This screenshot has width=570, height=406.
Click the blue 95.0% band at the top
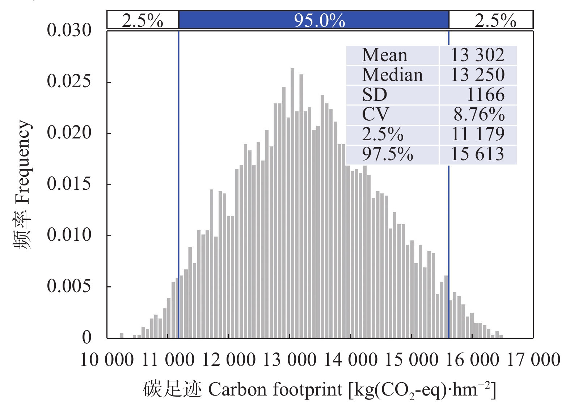(313, 20)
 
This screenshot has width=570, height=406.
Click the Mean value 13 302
(477, 55)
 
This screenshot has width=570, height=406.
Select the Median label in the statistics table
(392, 75)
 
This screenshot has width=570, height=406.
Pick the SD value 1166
(485, 95)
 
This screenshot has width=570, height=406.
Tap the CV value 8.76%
(479, 115)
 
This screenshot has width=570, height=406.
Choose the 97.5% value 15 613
(477, 154)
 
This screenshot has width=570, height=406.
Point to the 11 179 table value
(478, 134)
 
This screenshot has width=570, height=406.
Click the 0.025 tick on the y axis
(69, 81)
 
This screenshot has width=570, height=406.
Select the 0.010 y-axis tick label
(69, 235)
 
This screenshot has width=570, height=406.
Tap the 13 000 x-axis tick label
(290, 360)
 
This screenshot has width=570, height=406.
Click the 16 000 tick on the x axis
(472, 360)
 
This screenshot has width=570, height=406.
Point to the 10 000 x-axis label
(107, 360)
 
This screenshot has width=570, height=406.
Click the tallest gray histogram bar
(292, 202)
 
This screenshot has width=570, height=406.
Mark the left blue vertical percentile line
(179, 181)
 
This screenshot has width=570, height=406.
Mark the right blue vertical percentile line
(449, 217)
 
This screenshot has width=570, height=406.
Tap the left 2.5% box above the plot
(143, 20)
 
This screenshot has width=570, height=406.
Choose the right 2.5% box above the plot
(491, 20)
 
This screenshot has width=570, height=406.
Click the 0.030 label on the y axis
(69, 30)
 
